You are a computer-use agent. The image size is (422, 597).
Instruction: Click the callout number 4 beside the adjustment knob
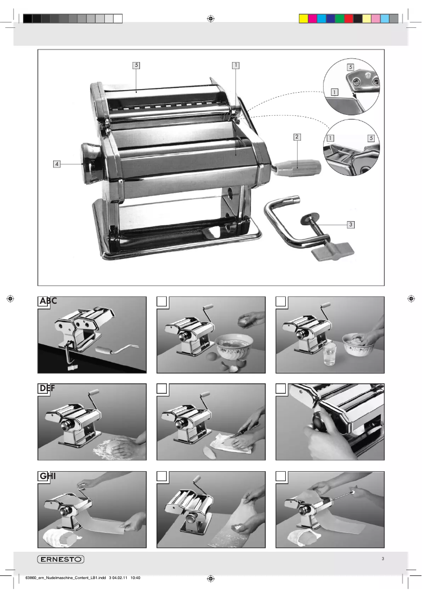tap(56, 164)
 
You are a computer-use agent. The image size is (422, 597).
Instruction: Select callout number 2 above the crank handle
tap(297, 136)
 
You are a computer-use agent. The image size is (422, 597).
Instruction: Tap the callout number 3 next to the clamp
tap(350, 224)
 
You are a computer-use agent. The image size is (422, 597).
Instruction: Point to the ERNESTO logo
tap(61, 559)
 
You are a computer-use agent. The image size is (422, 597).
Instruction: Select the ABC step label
tap(48, 301)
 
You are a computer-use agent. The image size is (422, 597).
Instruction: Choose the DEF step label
tap(48, 389)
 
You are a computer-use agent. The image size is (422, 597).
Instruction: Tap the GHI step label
tap(48, 476)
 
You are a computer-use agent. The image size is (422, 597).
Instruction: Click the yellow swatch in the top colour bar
tap(303, 19)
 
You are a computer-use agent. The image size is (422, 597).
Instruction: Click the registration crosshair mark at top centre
tap(210, 19)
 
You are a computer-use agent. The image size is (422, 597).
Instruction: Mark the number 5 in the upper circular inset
tap(350, 67)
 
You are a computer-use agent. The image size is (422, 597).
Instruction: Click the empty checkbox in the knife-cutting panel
tap(163, 389)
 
